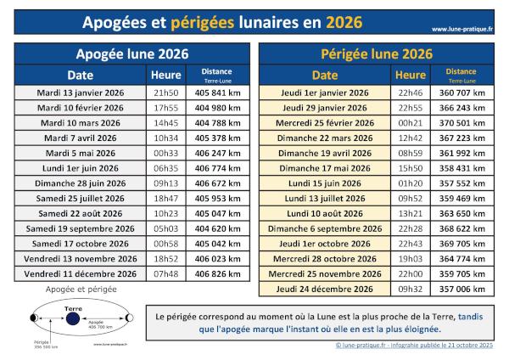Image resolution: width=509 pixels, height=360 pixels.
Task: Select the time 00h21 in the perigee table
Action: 411,122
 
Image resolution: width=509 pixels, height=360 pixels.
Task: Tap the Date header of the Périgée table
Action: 324,75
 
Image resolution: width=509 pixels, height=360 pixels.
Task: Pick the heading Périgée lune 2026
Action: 378,53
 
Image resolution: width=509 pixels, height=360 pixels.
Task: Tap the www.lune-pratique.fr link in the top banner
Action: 462,29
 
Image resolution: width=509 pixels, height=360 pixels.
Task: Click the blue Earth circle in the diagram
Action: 73,318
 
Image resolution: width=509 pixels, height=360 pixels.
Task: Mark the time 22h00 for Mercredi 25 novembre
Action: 411,274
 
